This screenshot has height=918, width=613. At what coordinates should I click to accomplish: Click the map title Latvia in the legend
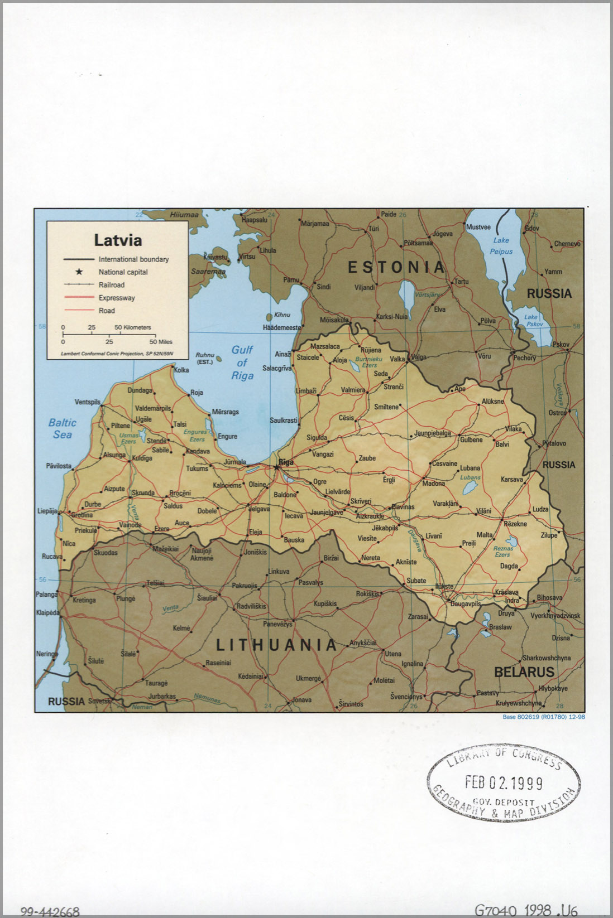point(118,240)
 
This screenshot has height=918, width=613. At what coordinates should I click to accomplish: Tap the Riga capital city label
point(286,462)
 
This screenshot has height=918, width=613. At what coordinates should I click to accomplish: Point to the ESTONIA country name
point(396,267)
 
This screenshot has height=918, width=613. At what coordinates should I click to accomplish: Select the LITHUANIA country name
point(276,645)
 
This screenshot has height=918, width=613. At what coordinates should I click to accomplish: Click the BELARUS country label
point(524,672)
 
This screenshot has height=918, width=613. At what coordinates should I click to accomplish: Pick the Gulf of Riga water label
point(242,363)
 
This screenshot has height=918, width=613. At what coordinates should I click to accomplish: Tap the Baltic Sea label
point(62,428)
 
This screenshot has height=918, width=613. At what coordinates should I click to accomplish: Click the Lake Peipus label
point(501,245)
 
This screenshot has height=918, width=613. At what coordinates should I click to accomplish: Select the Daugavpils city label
point(466,604)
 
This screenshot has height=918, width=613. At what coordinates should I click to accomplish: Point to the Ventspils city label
point(88,402)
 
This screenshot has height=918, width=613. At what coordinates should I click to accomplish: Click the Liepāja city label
point(47,510)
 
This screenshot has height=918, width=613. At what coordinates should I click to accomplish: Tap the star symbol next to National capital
point(79,272)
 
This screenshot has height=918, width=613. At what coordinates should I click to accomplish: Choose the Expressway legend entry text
point(117,298)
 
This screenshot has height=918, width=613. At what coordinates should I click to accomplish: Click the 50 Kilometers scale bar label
point(133,327)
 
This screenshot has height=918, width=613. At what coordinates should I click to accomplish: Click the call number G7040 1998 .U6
point(526,910)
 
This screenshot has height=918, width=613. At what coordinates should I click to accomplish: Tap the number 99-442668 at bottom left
point(50,912)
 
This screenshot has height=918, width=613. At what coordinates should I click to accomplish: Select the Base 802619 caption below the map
point(543,717)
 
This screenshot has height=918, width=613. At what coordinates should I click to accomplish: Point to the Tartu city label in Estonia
point(461,282)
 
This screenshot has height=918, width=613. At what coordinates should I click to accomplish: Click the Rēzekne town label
point(515,524)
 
